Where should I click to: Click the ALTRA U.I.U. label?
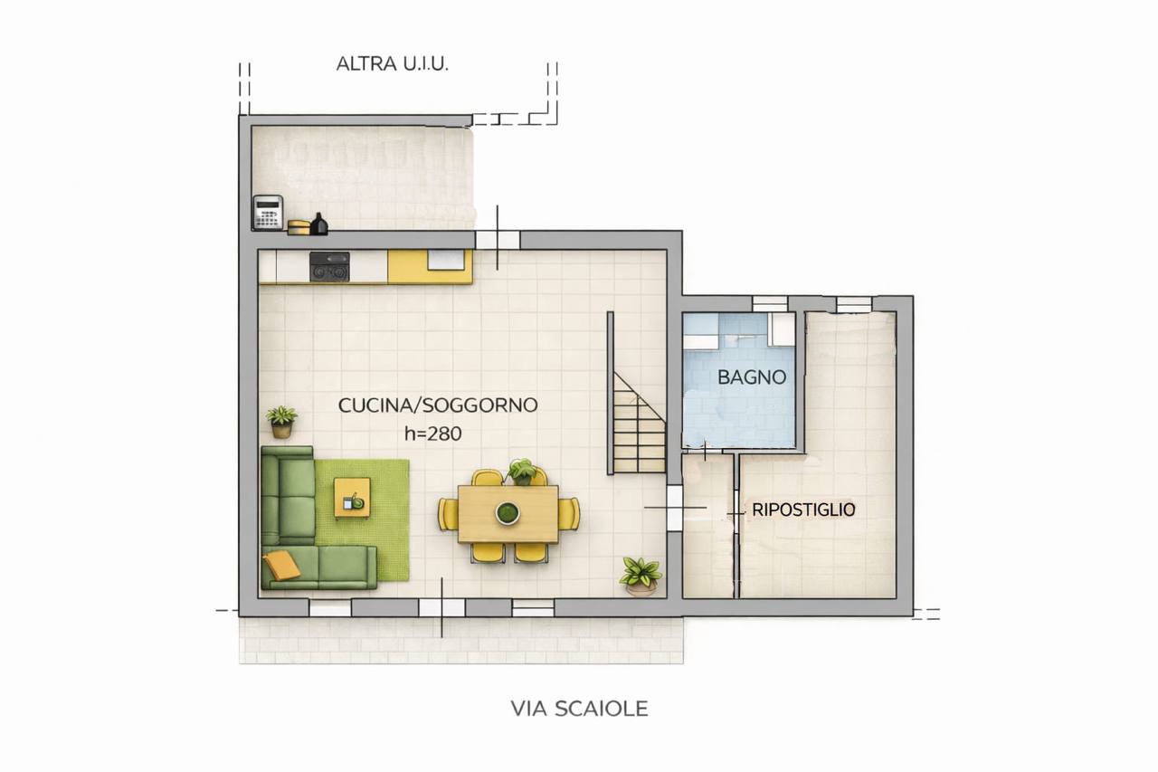point(392,63)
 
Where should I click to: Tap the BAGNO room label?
point(752,377)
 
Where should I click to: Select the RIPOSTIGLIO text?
point(803,510)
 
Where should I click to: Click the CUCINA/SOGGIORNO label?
point(438,405)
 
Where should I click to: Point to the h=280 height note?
point(432,434)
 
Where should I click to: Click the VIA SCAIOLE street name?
point(579,709)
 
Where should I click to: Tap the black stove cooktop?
point(329,267)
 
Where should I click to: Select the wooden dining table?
point(508,513)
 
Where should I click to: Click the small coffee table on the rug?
point(352,498)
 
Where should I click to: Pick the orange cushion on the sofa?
point(281,564)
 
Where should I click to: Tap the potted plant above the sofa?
point(281,422)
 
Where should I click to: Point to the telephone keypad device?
point(268,212)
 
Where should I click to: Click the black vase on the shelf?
point(319,224)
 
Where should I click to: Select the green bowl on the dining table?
point(508,512)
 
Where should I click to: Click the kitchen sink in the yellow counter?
point(446,260)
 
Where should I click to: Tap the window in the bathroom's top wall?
point(769,303)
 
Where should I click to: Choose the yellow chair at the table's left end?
point(448,513)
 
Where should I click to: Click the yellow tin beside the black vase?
point(299,227)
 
